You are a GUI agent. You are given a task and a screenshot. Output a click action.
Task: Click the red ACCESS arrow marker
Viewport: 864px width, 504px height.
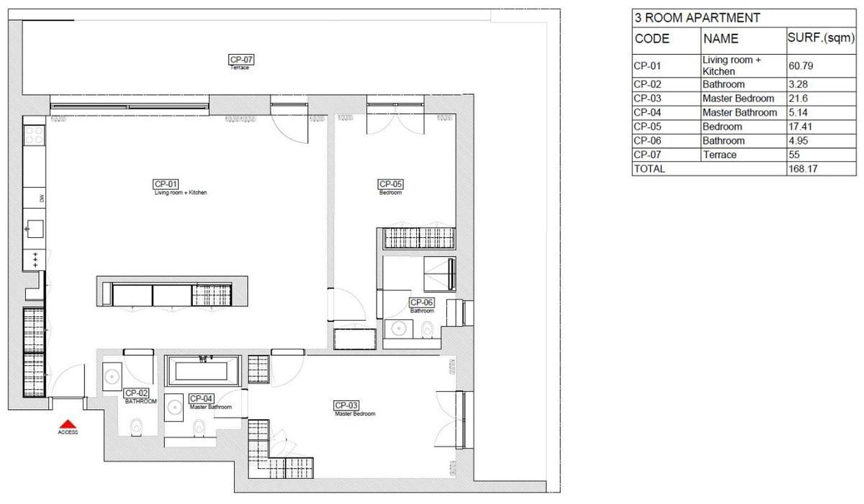tap(67, 425)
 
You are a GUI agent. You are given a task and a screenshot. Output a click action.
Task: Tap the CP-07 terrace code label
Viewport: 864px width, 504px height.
tap(240, 60)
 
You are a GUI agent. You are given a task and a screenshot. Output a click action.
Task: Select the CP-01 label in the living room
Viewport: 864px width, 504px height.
tap(166, 183)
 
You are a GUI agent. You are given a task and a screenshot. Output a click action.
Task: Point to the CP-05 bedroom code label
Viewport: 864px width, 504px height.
tap(390, 184)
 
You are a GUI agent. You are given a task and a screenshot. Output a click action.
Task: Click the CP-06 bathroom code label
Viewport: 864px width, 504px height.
tap(422, 303)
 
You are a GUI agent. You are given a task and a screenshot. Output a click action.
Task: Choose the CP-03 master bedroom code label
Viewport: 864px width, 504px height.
tap(346, 406)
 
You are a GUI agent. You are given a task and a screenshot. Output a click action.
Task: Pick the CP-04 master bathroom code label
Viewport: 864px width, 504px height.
tap(201, 398)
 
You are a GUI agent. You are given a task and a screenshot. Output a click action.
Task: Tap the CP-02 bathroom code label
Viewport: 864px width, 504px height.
tap(136, 393)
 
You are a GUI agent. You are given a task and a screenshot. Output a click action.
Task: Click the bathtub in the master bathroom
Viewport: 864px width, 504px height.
tap(203, 372)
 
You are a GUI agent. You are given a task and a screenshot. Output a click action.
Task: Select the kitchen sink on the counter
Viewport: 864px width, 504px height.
tap(34, 230)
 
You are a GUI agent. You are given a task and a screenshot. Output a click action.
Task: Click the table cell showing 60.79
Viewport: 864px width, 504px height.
tap(801, 66)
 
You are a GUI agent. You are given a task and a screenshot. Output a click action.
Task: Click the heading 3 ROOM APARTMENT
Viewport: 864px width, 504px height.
tap(686, 18)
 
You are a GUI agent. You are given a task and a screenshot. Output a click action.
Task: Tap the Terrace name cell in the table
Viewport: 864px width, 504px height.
tap(719, 155)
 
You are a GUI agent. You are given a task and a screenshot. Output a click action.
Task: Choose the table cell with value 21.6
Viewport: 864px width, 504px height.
tap(797, 98)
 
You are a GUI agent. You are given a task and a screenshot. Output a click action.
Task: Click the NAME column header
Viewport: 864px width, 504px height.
tap(721, 40)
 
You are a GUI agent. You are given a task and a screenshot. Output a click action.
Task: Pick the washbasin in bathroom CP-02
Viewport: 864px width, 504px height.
tap(112, 376)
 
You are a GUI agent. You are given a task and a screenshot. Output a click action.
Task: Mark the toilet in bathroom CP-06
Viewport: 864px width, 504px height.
tap(428, 330)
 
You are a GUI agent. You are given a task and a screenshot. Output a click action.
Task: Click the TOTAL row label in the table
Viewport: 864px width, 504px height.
tap(649, 169)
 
